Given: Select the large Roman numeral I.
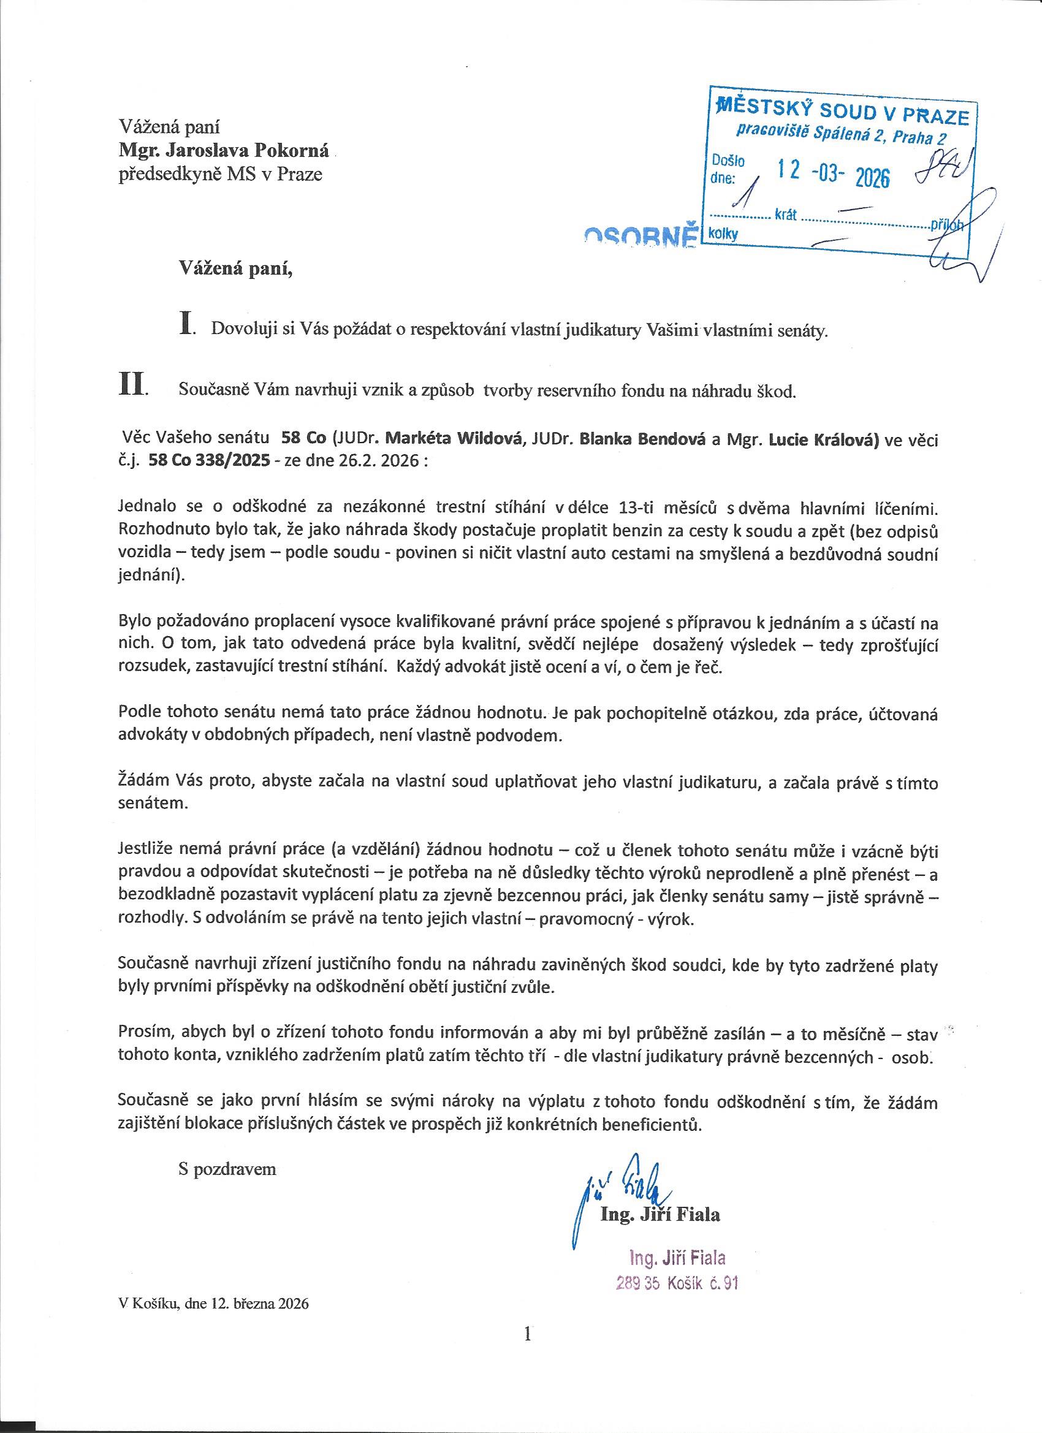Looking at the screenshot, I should point(186,324).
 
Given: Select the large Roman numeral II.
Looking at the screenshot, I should point(132,385).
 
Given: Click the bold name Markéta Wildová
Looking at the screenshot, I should point(455,439).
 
